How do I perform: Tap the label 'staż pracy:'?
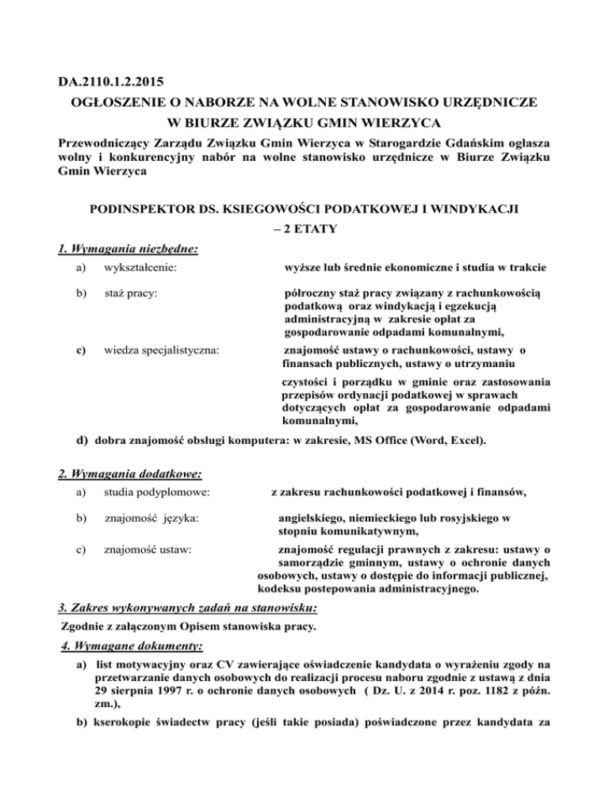pos(130,294)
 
